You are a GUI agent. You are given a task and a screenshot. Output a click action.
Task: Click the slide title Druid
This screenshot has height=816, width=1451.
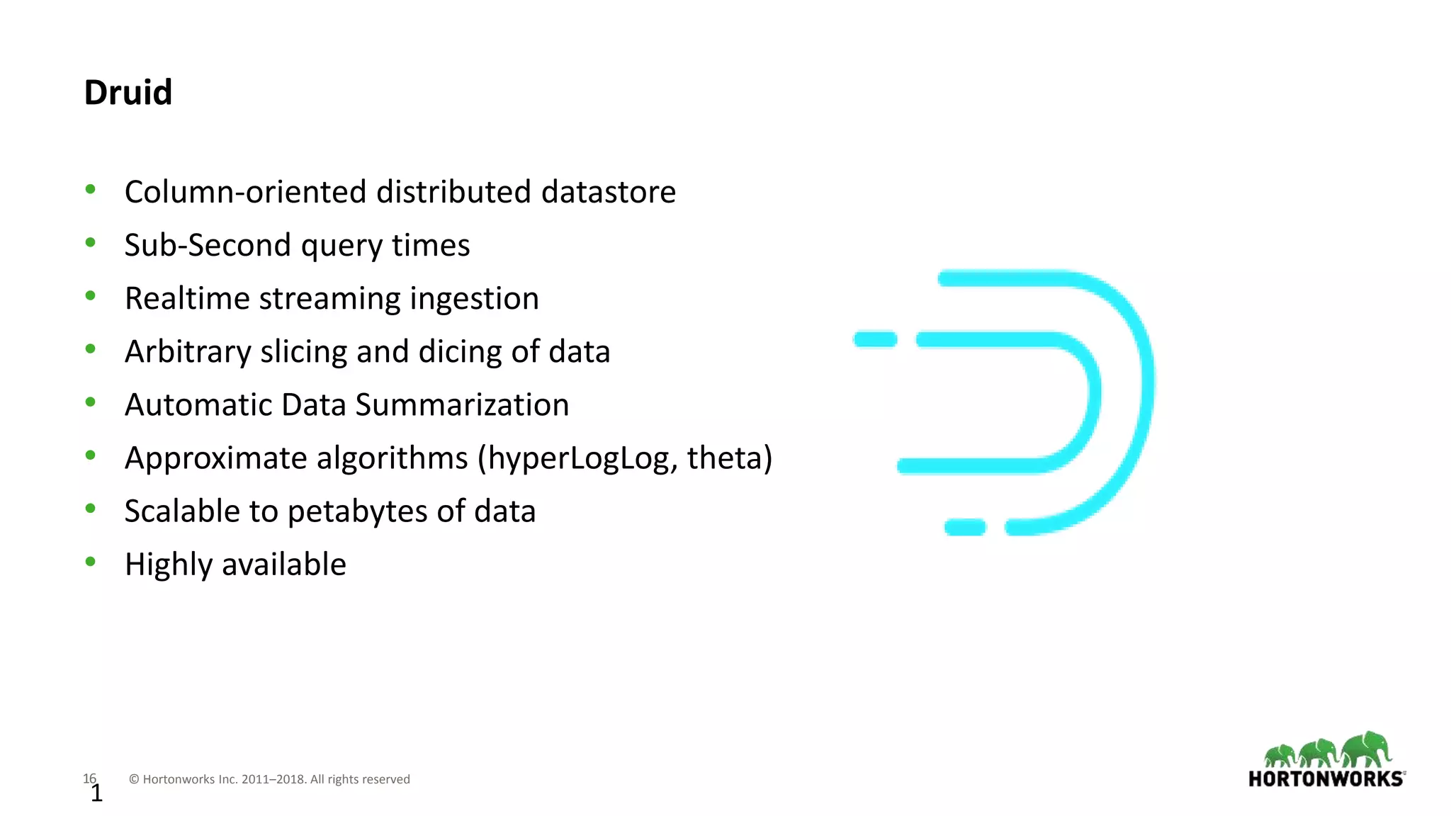click(x=128, y=92)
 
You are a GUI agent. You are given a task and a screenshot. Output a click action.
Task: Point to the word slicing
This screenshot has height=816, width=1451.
click(x=303, y=352)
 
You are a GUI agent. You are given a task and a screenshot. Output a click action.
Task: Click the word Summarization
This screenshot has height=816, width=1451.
click(x=461, y=405)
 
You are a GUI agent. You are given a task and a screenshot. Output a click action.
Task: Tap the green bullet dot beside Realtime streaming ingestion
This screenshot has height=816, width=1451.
click(x=91, y=296)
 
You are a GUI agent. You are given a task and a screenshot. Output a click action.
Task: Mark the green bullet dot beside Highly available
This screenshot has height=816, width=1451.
click(x=91, y=562)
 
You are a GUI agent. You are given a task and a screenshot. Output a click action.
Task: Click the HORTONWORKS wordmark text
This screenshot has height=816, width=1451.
click(x=1326, y=779)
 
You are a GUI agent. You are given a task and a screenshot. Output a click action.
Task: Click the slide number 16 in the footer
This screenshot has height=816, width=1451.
click(x=89, y=778)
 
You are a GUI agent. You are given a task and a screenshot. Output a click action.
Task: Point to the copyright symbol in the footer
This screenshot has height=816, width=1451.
click(x=134, y=780)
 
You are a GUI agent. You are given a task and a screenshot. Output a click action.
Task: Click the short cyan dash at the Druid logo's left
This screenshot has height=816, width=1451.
click(x=876, y=340)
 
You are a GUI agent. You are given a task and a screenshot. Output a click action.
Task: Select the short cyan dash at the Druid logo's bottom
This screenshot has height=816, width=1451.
click(x=965, y=528)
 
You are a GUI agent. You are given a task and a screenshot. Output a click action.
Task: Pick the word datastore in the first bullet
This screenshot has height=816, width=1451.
click(x=608, y=192)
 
